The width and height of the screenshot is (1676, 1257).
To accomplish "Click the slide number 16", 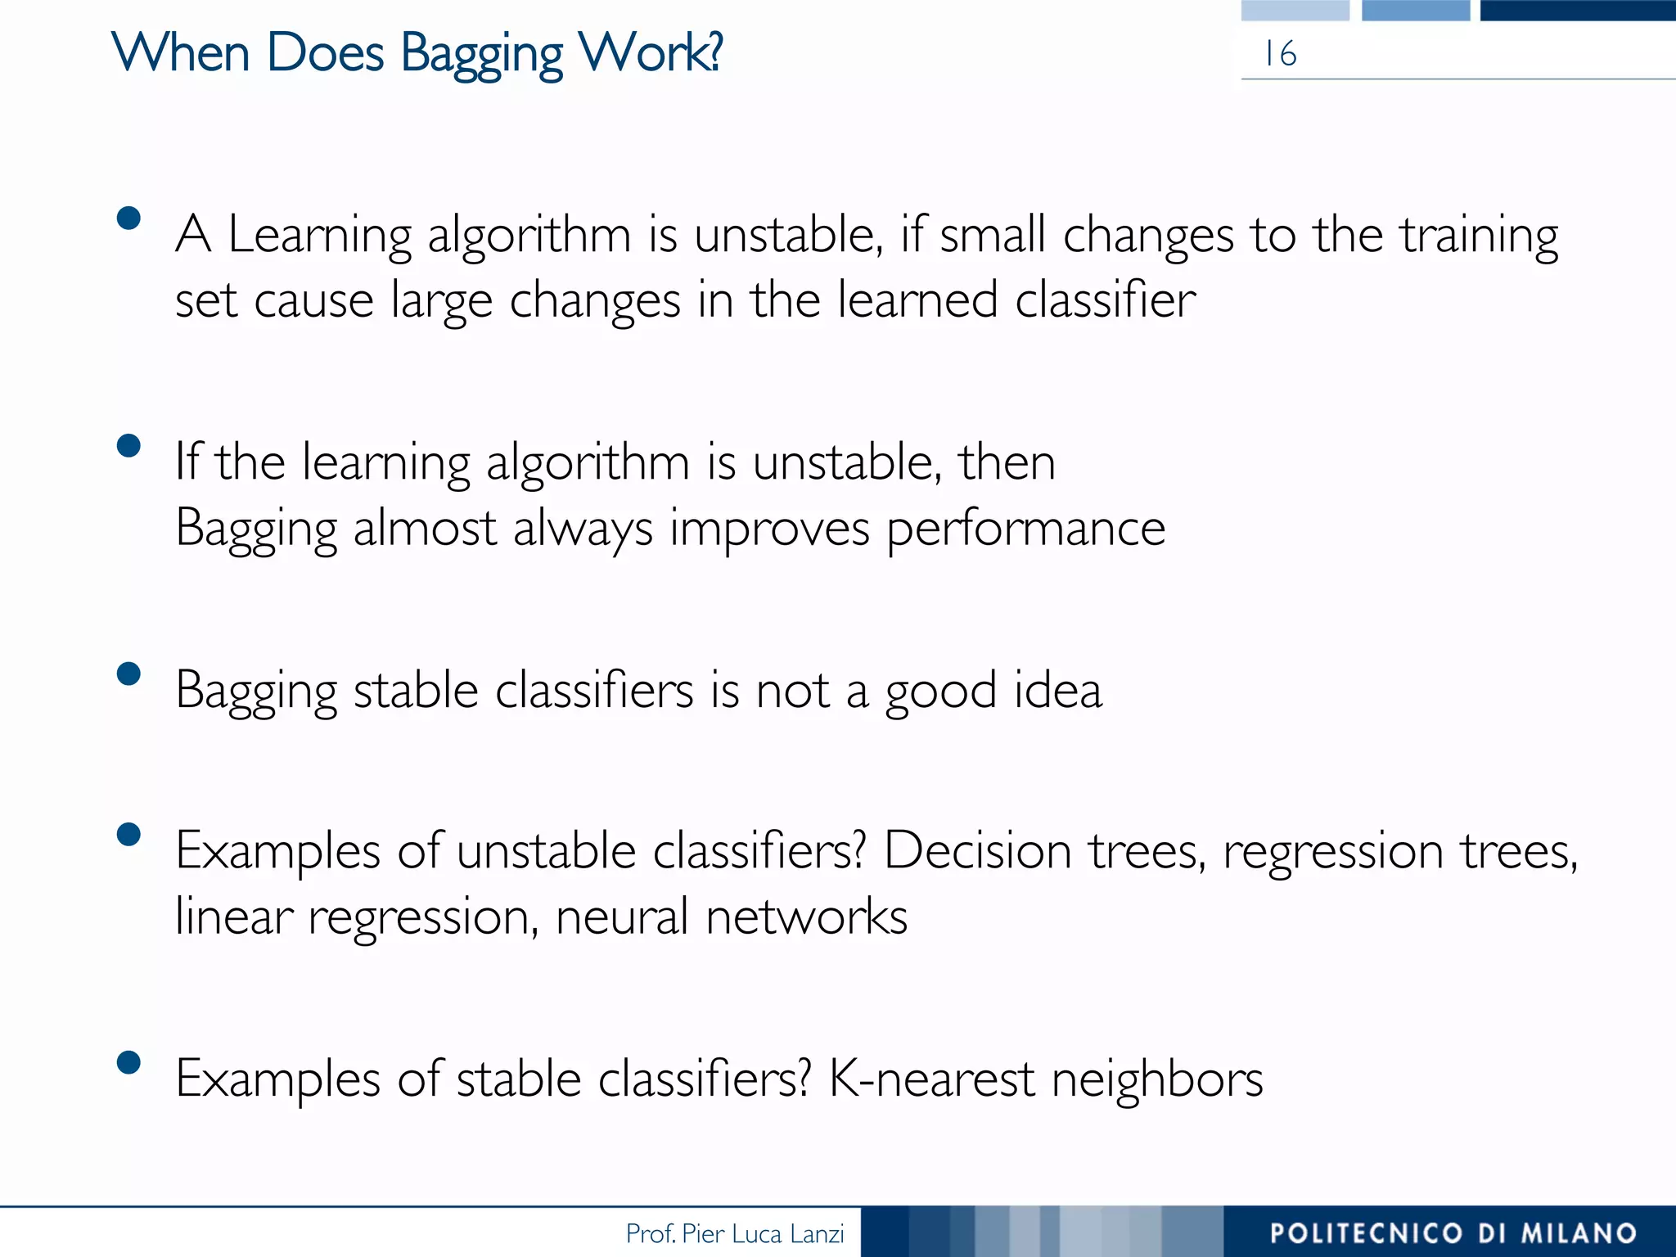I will coord(1280,54).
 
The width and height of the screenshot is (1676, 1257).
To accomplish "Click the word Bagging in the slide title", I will coord(481,54).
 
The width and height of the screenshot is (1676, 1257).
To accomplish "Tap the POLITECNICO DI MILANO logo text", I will coord(1453,1233).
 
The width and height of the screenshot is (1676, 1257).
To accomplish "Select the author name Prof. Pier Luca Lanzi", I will coord(734,1233).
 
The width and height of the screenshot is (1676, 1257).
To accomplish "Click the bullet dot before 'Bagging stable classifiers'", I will coord(128,674).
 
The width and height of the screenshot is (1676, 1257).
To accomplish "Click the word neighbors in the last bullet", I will coord(1157,1079).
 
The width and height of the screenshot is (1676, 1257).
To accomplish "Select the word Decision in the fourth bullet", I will coord(977,851).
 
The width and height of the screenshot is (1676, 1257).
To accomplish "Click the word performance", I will coord(1026,529).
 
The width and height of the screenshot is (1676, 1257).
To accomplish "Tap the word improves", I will coord(769,529).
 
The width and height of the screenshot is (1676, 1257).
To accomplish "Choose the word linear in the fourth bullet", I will coord(234,916).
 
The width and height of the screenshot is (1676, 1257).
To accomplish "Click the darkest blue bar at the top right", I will coord(1577,10).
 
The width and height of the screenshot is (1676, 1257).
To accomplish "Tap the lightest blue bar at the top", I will coord(1295,10).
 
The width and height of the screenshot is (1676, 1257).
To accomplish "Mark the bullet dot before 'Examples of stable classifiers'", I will coord(128,1062).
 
